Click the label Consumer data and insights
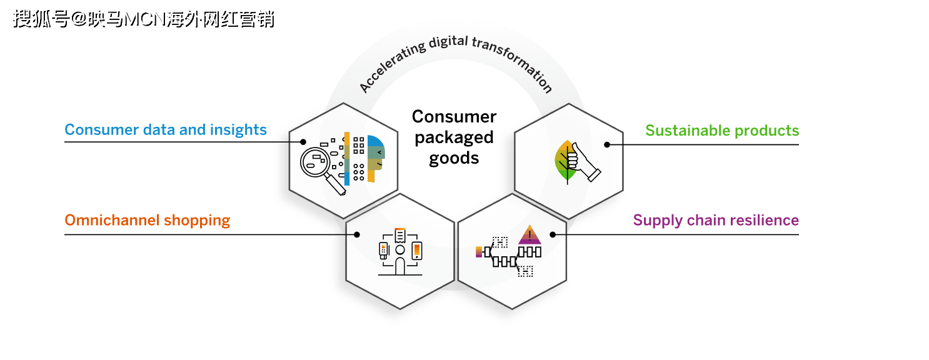click(x=166, y=130)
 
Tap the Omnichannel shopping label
click(x=148, y=221)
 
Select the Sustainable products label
click(x=722, y=131)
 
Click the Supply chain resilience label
click(x=716, y=221)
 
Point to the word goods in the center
click(x=454, y=158)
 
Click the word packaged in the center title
click(x=454, y=137)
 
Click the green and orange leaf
click(x=565, y=161)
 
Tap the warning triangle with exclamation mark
click(x=530, y=234)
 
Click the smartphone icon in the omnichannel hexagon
click(x=416, y=251)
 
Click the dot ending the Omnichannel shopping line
click(x=357, y=235)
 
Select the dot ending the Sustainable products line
click(x=606, y=144)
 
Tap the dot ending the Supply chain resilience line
click(x=553, y=235)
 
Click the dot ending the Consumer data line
click(x=303, y=142)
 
